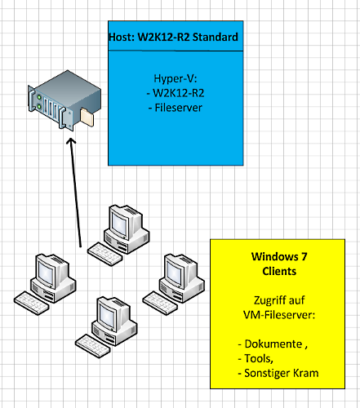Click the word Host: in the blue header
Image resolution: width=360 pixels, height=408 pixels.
pyautogui.click(x=122, y=37)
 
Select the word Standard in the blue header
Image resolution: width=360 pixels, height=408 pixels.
pyautogui.click(x=215, y=37)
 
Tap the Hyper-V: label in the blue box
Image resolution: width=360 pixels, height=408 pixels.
pyautogui.click(x=176, y=78)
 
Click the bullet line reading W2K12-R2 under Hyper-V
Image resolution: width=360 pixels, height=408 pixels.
pyautogui.click(x=176, y=93)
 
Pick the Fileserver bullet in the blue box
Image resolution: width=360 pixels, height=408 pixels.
pyautogui.click(x=176, y=108)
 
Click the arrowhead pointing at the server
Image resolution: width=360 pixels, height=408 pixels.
pyautogui.click(x=71, y=141)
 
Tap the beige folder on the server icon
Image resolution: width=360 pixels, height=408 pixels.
pyautogui.click(x=87, y=117)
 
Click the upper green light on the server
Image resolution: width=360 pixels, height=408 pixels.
pyautogui.click(x=39, y=97)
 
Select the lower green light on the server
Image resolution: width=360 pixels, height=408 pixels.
pyautogui.click(x=39, y=107)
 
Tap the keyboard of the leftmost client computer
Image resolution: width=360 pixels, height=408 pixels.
pyautogui.click(x=32, y=304)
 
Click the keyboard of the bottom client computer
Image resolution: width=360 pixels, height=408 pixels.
pyautogui.click(x=93, y=346)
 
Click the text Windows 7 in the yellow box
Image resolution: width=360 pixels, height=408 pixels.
pyautogui.click(x=279, y=256)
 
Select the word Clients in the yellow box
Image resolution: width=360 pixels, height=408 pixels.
pyautogui.click(x=279, y=271)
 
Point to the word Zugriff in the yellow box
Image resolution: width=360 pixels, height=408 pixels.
pyautogui.click(x=268, y=300)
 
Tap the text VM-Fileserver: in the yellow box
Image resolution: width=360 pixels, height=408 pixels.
pyautogui.click(x=279, y=315)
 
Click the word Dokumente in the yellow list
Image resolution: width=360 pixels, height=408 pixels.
pyautogui.click(x=273, y=344)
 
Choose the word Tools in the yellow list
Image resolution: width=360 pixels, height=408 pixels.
pyautogui.click(x=258, y=359)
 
